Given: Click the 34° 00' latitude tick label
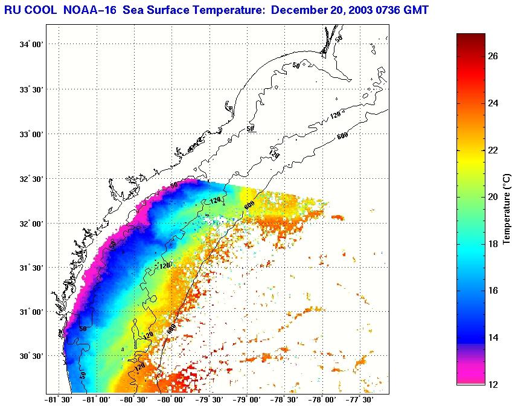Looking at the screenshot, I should [x=32, y=45].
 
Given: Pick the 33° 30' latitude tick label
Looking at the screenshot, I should [x=32, y=89].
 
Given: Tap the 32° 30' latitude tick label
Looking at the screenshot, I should [x=32, y=179].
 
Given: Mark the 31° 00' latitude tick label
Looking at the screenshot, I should [x=32, y=312].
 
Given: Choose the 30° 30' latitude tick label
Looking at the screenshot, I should [x=32, y=356].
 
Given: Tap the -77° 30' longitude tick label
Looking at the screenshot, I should [x=359, y=399].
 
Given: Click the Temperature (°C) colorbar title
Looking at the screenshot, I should [x=508, y=209].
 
